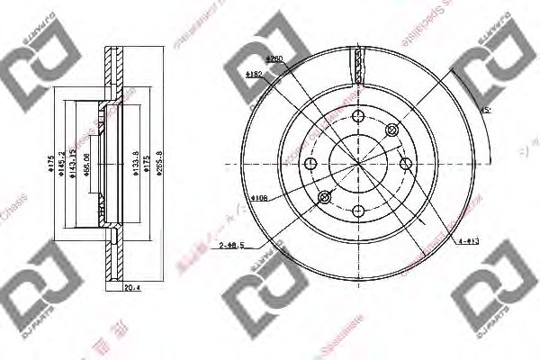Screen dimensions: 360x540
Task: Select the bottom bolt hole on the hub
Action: pyautogui.click(x=359, y=211)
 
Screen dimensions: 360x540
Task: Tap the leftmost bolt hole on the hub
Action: pyautogui.click(x=311, y=164)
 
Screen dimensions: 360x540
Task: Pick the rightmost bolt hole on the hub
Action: pyautogui.click(x=407, y=163)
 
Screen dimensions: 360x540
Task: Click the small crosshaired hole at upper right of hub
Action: pyautogui.click(x=391, y=132)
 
